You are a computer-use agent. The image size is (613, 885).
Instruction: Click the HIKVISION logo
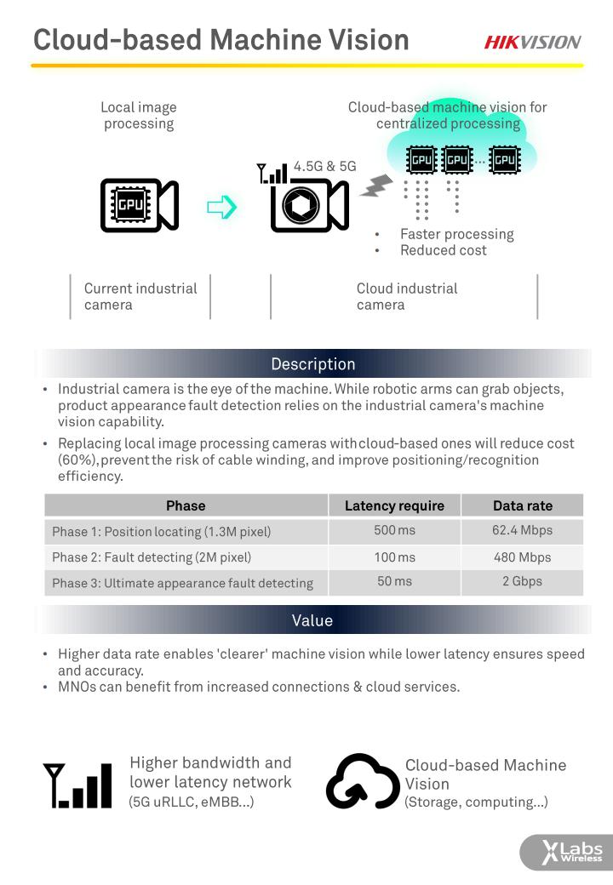pos(533,42)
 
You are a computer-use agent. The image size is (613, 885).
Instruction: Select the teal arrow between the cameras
pos(221,207)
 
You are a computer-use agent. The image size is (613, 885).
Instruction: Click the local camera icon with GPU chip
pos(139,205)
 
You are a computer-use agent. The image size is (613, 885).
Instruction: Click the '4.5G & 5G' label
pos(324,167)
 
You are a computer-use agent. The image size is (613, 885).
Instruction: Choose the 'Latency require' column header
pos(394,505)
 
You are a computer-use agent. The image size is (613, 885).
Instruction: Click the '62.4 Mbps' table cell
pos(522,530)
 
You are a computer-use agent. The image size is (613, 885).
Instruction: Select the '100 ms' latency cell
pos(394,557)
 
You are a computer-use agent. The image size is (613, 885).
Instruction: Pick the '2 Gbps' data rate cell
pos(522,582)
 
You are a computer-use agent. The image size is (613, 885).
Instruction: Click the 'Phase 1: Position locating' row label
pos(161,532)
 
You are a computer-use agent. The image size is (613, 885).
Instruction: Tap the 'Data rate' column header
pos(522,505)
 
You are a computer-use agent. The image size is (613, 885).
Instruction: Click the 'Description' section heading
pos(312,364)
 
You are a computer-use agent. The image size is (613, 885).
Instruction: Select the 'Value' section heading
pos(312,620)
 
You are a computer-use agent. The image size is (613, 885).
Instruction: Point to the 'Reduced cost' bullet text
pos(444,250)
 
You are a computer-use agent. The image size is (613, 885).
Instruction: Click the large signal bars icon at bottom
pos(78,785)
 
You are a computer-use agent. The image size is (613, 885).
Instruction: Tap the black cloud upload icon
pos(362,781)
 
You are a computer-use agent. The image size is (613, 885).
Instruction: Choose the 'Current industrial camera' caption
pos(140,296)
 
